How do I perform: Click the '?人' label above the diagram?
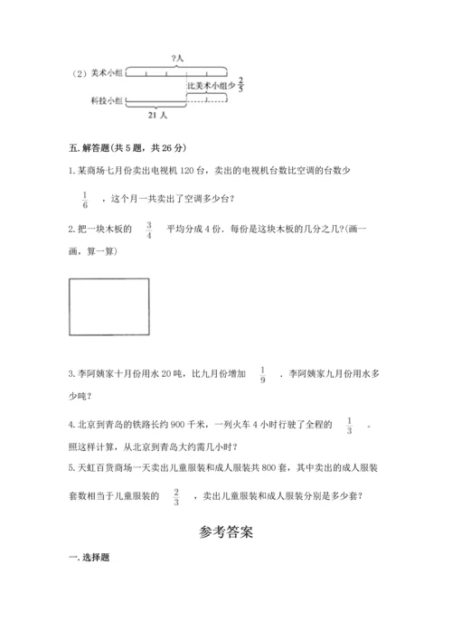click(x=176, y=59)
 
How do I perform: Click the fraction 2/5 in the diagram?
click(x=241, y=85)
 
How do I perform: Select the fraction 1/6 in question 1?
click(x=85, y=199)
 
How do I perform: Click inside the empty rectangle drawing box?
click(x=108, y=306)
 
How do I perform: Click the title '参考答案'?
click(x=226, y=532)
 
